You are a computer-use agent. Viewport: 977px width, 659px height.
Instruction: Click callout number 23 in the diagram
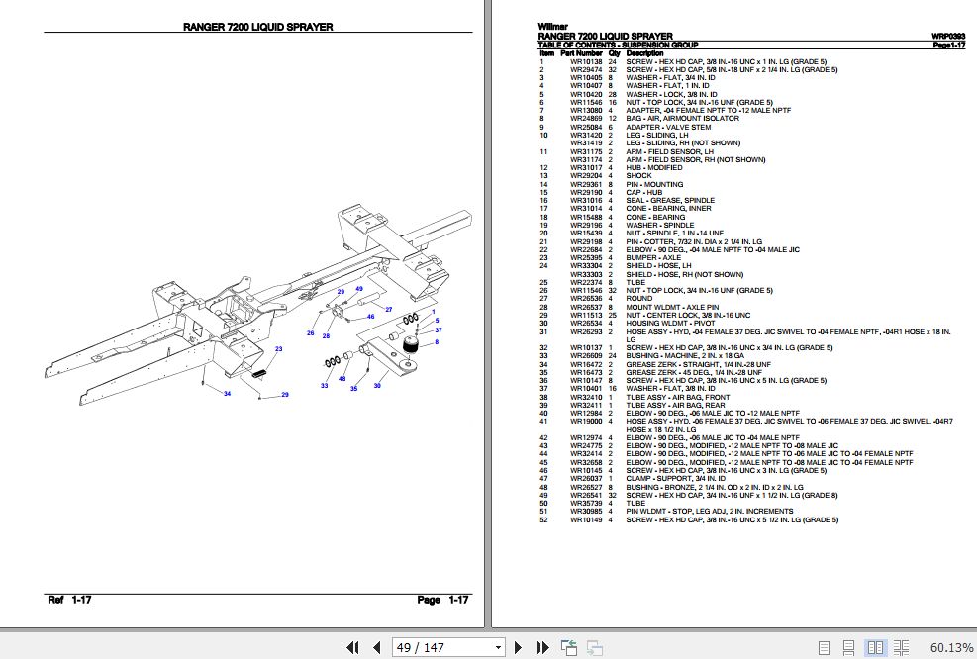coord(278,349)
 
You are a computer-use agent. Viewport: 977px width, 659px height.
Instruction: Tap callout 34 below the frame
coord(227,395)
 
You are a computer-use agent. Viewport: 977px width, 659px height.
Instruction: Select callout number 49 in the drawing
coord(359,288)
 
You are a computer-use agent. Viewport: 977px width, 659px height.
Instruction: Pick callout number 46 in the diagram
coord(370,317)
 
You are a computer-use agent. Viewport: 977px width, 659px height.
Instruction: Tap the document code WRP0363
coord(948,37)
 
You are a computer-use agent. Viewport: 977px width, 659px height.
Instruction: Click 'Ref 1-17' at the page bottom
coord(69,600)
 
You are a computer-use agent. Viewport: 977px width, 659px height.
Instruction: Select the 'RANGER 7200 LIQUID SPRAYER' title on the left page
coord(258,28)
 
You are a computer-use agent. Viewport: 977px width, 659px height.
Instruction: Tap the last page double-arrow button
coord(543,647)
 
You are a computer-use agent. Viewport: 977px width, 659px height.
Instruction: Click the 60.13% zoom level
coord(951,647)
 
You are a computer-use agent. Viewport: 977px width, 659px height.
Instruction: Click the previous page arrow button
coord(375,647)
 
